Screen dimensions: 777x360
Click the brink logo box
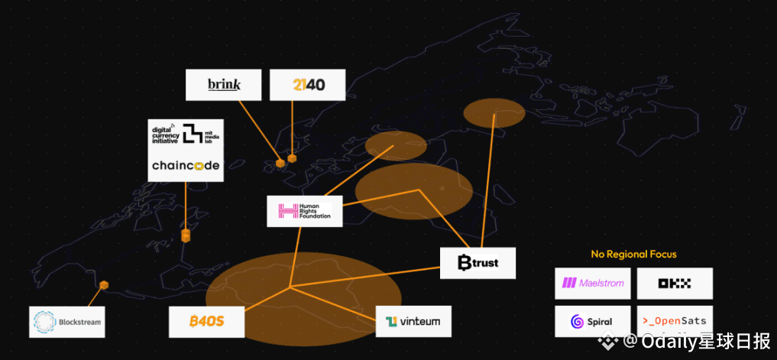coord(224,85)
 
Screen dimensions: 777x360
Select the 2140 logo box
coord(308,85)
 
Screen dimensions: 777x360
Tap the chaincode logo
coord(185,165)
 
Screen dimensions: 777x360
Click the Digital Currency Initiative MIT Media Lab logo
coord(185,133)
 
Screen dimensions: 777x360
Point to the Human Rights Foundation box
coord(305,211)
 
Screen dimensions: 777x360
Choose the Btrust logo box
coord(478,263)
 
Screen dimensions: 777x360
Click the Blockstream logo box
coord(66,322)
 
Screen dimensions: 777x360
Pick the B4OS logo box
coord(206,321)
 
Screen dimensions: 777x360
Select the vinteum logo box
coord(413,321)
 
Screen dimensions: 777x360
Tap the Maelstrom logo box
coord(593,283)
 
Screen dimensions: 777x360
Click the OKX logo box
coord(675,283)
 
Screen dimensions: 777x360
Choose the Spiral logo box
coord(593,321)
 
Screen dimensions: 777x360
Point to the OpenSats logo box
coord(675,321)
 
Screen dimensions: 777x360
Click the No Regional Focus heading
coord(633,254)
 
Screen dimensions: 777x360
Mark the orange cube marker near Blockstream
coord(105,285)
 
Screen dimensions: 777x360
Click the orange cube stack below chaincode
coord(186,234)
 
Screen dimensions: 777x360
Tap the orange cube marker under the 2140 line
coord(292,158)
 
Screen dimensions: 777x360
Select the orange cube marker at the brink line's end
coord(280,162)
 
